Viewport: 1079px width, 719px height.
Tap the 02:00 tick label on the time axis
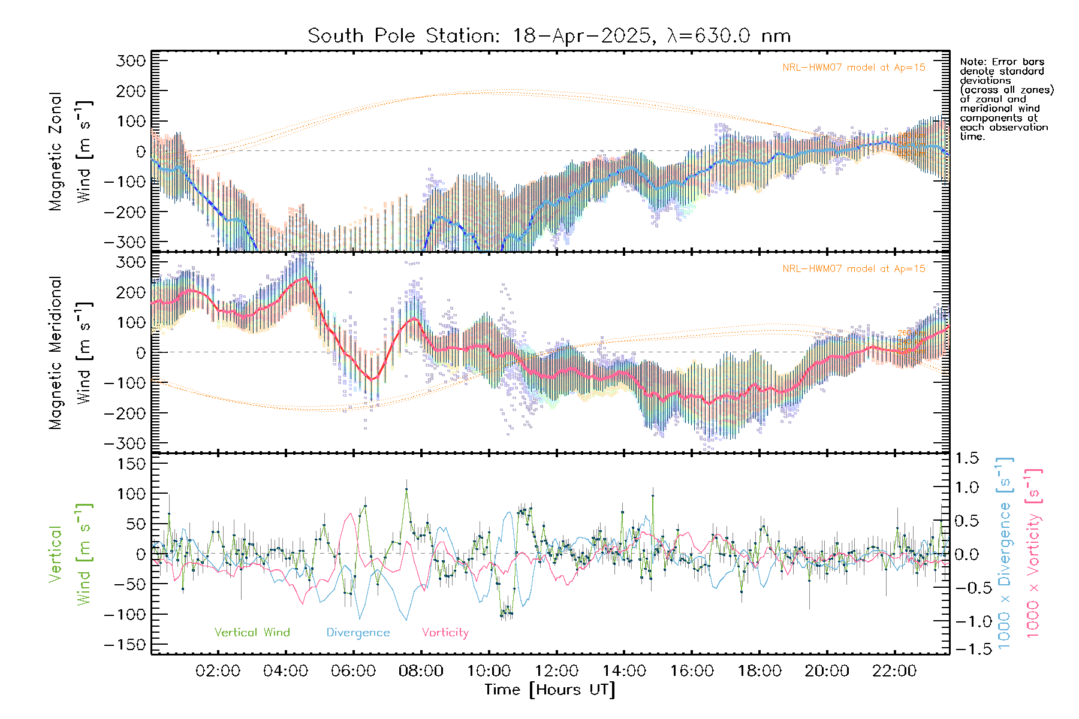point(218,671)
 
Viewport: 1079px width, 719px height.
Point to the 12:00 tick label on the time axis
point(556,671)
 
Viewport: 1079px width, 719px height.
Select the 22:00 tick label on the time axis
point(894,671)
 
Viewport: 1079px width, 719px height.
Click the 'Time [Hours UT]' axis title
point(550,690)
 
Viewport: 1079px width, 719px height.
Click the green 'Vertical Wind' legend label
point(252,633)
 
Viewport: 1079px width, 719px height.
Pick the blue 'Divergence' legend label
point(358,633)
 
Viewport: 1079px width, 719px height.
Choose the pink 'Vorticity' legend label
point(445,633)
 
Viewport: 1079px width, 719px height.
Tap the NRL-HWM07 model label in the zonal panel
point(854,68)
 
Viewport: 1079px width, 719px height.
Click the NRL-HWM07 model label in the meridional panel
point(854,269)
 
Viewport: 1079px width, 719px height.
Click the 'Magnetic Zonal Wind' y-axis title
point(71,151)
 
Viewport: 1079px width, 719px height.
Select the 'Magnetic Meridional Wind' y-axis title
point(71,352)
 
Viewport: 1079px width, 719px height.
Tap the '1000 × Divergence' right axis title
point(1005,554)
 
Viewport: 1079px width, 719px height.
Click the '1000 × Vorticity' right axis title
point(1033,554)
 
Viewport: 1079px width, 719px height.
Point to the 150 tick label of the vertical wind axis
point(132,464)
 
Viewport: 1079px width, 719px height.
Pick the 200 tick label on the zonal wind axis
point(132,91)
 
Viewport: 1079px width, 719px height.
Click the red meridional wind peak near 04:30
point(305,278)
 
